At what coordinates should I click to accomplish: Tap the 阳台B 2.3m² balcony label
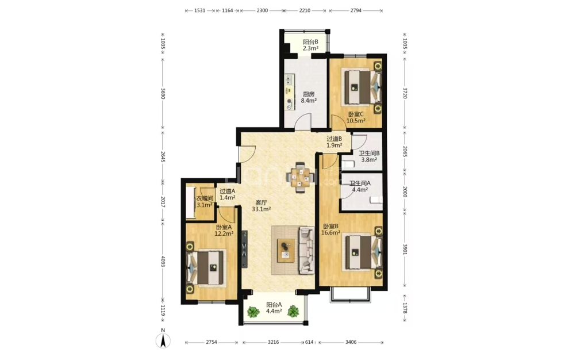pos(310,45)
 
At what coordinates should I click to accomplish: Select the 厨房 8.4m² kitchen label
pos(309,97)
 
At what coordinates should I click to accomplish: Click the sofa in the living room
pos(306,250)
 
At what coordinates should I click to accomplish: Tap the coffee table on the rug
pos(286,250)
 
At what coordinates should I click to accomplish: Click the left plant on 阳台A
pos(253,312)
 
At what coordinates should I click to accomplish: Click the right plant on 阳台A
pos(293,311)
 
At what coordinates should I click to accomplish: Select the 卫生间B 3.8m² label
pos(369,156)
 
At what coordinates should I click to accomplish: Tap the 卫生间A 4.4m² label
pos(360,186)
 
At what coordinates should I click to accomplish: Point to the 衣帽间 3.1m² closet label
pos(205,202)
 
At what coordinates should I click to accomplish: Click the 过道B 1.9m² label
pos(334,142)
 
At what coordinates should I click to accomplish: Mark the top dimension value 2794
pos(356,11)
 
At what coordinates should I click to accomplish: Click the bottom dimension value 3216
pos(274,343)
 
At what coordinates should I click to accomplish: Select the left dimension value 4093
pos(163,262)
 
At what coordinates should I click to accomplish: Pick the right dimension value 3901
pos(405,250)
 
